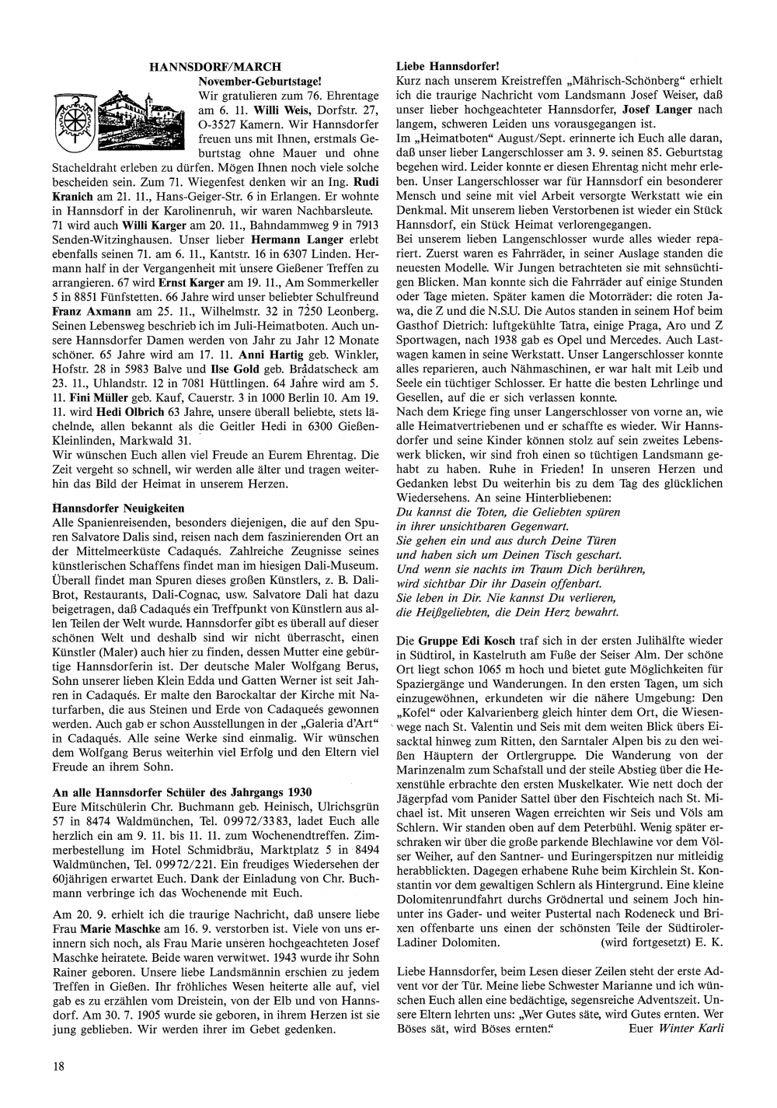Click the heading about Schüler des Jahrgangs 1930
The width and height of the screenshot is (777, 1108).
click(182, 792)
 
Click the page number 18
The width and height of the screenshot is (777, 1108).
click(59, 1067)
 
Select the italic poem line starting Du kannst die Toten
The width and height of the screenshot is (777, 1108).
click(508, 512)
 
